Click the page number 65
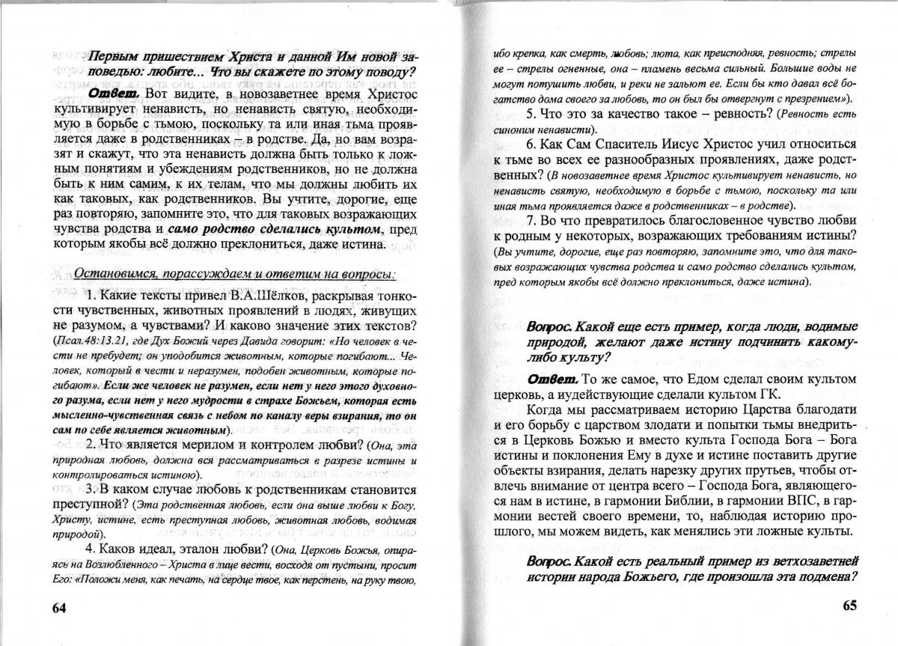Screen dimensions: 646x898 pyautogui.click(x=843, y=606)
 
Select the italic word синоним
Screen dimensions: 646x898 pyautogui.click(x=510, y=130)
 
